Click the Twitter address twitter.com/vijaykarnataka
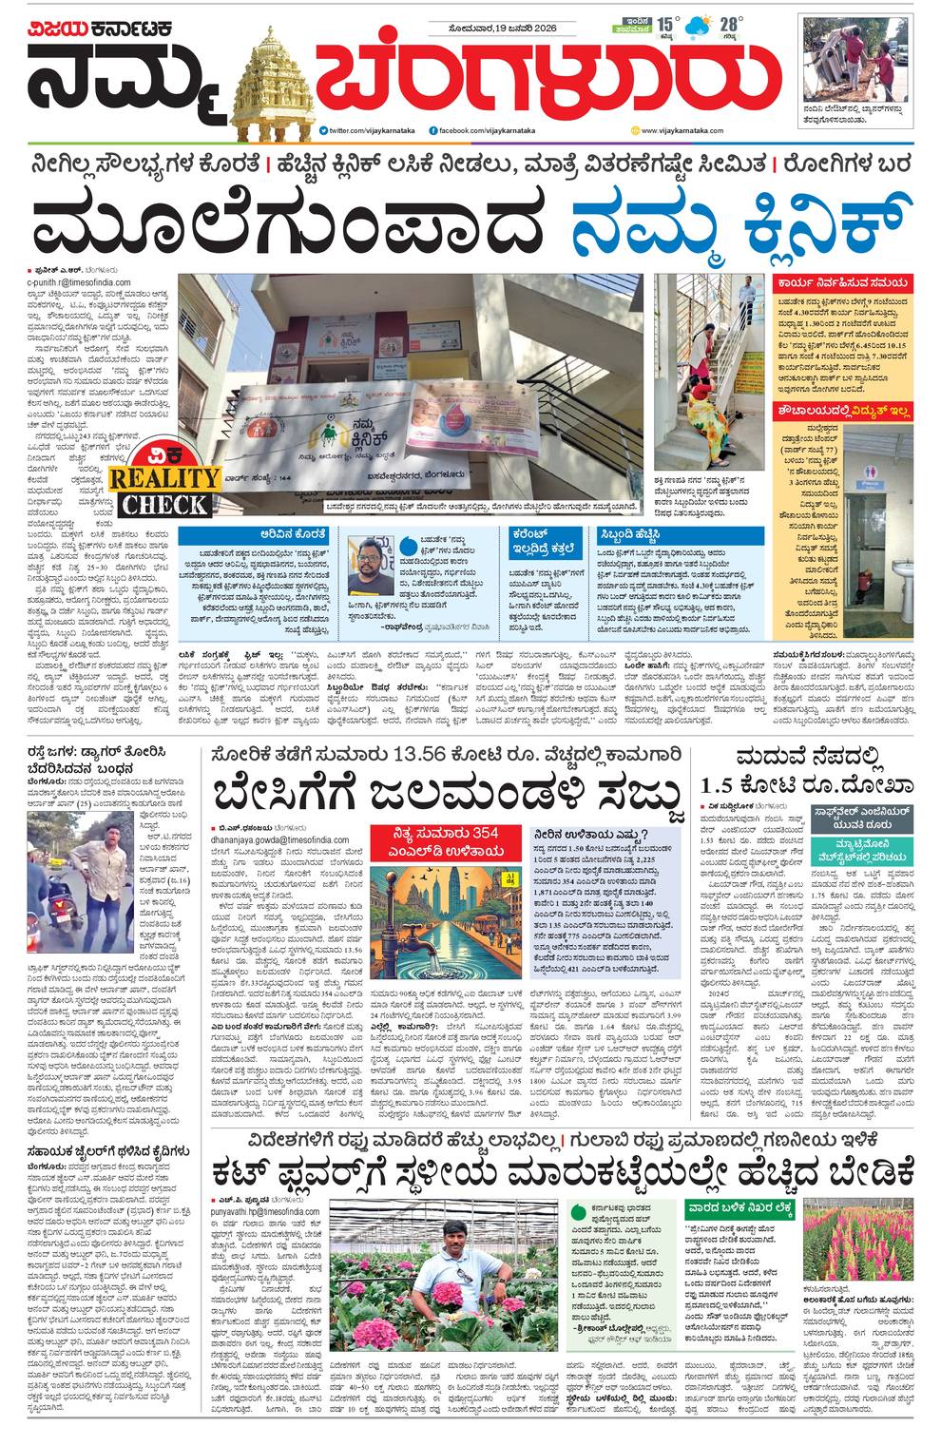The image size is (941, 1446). (x=364, y=130)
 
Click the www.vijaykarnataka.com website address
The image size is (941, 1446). (x=682, y=130)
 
